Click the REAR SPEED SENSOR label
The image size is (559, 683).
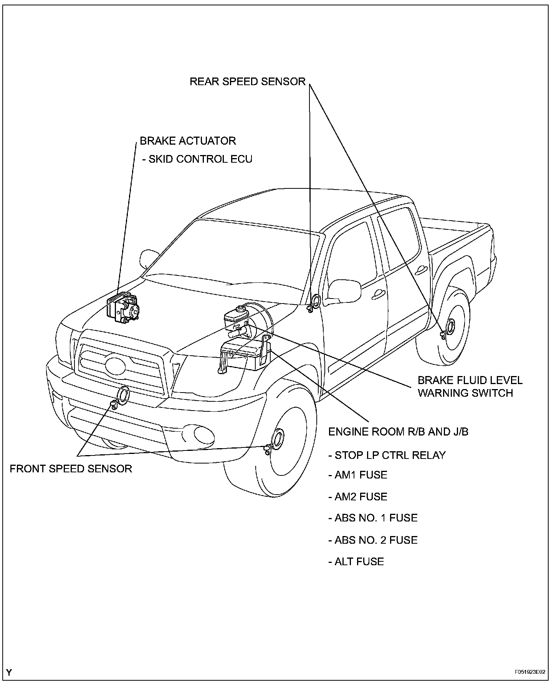(x=247, y=81)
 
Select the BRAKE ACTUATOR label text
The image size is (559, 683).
(x=187, y=141)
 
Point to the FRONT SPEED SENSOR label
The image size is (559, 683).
(x=71, y=469)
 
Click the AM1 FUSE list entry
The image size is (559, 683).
(x=358, y=475)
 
